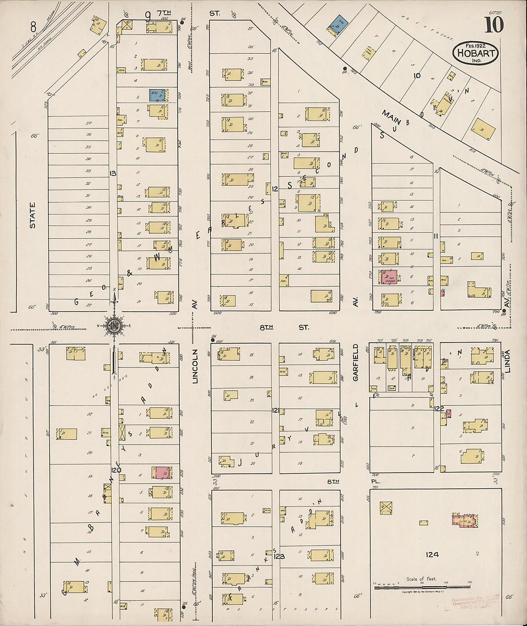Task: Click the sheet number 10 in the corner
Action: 494,25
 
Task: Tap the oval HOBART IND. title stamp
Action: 475,53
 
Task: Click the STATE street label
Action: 33,214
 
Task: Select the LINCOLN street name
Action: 195,366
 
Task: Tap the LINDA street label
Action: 507,361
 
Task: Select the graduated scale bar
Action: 422,586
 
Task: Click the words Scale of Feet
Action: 422,579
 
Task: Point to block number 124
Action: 432,555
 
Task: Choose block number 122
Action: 439,409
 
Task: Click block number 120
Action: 116,470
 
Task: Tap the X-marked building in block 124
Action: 386,508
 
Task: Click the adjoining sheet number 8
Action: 33,25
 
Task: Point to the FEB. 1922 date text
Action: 475,45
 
